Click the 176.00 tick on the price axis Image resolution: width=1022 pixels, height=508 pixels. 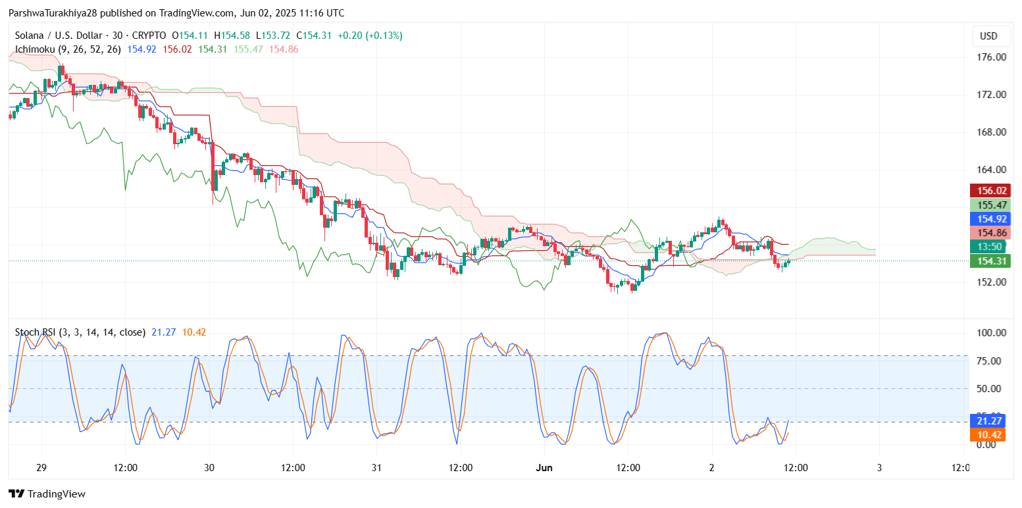pos(992,57)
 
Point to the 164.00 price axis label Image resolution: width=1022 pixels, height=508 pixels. pos(992,170)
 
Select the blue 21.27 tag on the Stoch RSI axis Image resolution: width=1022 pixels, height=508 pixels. pos(988,420)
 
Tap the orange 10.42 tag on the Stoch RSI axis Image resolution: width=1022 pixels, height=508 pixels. pos(988,435)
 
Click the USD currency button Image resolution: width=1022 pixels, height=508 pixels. pos(988,36)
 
